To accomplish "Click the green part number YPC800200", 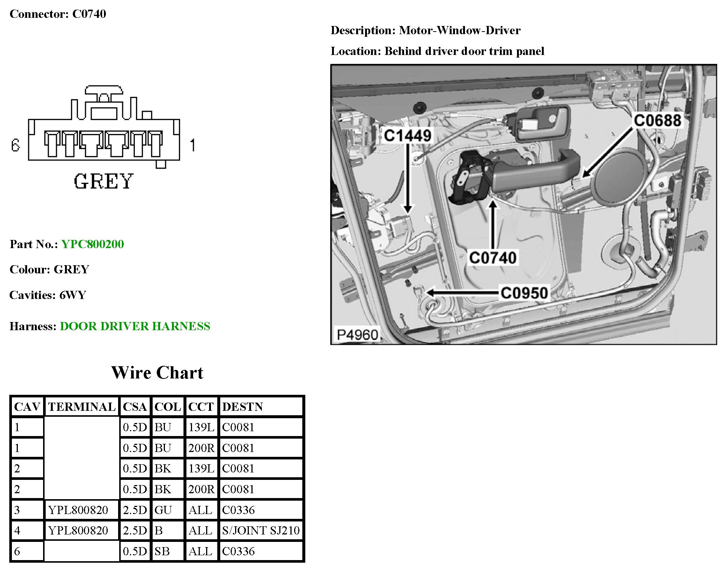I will (x=92, y=244).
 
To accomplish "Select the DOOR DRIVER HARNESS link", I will (x=135, y=326).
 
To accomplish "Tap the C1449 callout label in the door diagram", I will (x=407, y=136).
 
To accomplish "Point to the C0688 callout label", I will (x=657, y=120).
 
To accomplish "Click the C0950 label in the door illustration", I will (x=524, y=293).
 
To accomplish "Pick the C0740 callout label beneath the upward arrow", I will (x=492, y=257).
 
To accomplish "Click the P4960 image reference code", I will (x=357, y=335).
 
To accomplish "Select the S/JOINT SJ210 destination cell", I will (x=261, y=530).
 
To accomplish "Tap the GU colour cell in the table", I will (x=163, y=510).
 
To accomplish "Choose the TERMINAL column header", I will (x=82, y=407).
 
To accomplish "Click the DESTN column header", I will (x=243, y=407).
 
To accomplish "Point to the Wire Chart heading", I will (x=157, y=373).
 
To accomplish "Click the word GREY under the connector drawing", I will (x=103, y=182).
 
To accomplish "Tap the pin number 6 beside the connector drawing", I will (x=15, y=145).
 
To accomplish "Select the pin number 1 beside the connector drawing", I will (x=192, y=145).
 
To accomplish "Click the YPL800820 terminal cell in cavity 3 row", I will (x=78, y=510).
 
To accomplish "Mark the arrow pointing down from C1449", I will (x=408, y=178).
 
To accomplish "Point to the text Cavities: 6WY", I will (x=48, y=295).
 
